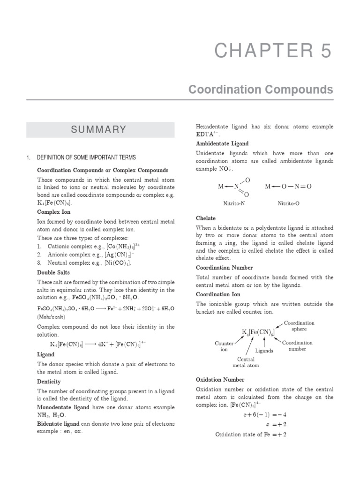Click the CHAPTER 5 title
point(273,51)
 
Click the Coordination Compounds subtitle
point(261,89)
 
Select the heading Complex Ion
point(51,212)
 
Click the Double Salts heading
point(52,272)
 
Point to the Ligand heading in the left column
point(46,355)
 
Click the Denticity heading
point(49,382)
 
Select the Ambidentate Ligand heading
point(222,143)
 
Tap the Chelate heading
point(206,218)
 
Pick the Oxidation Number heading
point(220,380)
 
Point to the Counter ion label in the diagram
point(224,346)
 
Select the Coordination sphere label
point(299,326)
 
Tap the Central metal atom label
point(246,362)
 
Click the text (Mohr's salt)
point(52,317)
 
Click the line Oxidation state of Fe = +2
point(250,435)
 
